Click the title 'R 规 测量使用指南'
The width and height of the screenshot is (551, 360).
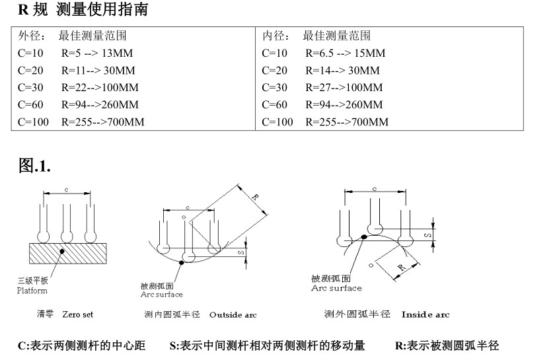(83, 10)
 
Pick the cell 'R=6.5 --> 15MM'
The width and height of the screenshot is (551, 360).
(345, 53)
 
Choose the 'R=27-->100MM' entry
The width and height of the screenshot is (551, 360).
(344, 87)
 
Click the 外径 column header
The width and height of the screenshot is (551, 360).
(30, 36)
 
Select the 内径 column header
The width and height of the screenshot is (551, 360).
(274, 36)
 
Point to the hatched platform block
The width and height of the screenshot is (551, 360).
(67, 252)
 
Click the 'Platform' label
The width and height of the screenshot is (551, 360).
(32, 290)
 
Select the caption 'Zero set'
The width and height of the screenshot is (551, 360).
(77, 314)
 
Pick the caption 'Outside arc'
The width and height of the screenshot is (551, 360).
(233, 314)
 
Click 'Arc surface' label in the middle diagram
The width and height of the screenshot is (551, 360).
(162, 295)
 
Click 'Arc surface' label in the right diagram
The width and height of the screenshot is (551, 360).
(336, 288)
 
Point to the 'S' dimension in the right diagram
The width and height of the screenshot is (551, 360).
(429, 234)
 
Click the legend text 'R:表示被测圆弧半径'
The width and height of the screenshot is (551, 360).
(447, 345)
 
